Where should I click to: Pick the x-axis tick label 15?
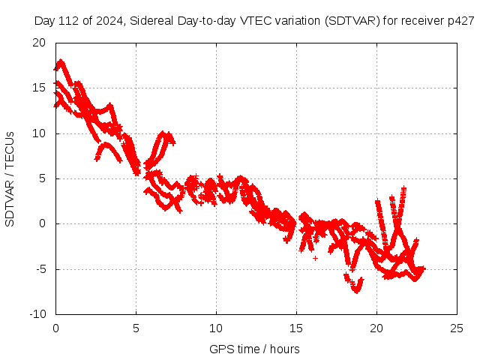[296, 328]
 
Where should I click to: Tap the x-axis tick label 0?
[55, 328]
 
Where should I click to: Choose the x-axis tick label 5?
[136, 328]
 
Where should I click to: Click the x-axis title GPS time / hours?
[255, 349]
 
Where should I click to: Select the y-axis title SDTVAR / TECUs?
[10, 178]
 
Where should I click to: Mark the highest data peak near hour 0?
[60, 62]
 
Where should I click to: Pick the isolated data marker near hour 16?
[315, 258]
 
